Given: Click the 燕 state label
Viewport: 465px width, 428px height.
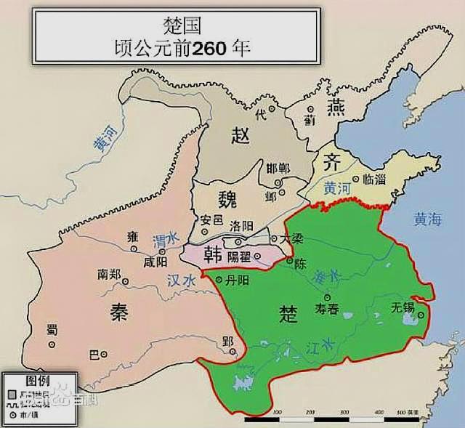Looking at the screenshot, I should pos(335,108).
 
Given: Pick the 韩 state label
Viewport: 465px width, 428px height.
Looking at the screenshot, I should pos(214,254).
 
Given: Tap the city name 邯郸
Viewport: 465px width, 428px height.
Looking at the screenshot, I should pos(278,168).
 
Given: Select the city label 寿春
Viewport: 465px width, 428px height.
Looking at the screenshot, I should pos(327,309).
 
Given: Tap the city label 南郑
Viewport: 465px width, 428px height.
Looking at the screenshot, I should pos(109,275).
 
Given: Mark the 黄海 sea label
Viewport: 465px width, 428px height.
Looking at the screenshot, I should pos(427,217).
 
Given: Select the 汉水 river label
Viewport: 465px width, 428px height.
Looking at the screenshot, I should pos(182,280).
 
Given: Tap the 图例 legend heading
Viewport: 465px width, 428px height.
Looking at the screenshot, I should pos(38,381).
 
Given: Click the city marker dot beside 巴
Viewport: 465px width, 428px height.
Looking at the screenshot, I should pos(103,355).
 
